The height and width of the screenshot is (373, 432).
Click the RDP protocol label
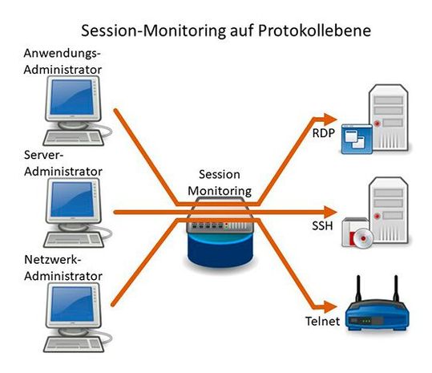point(322,132)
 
